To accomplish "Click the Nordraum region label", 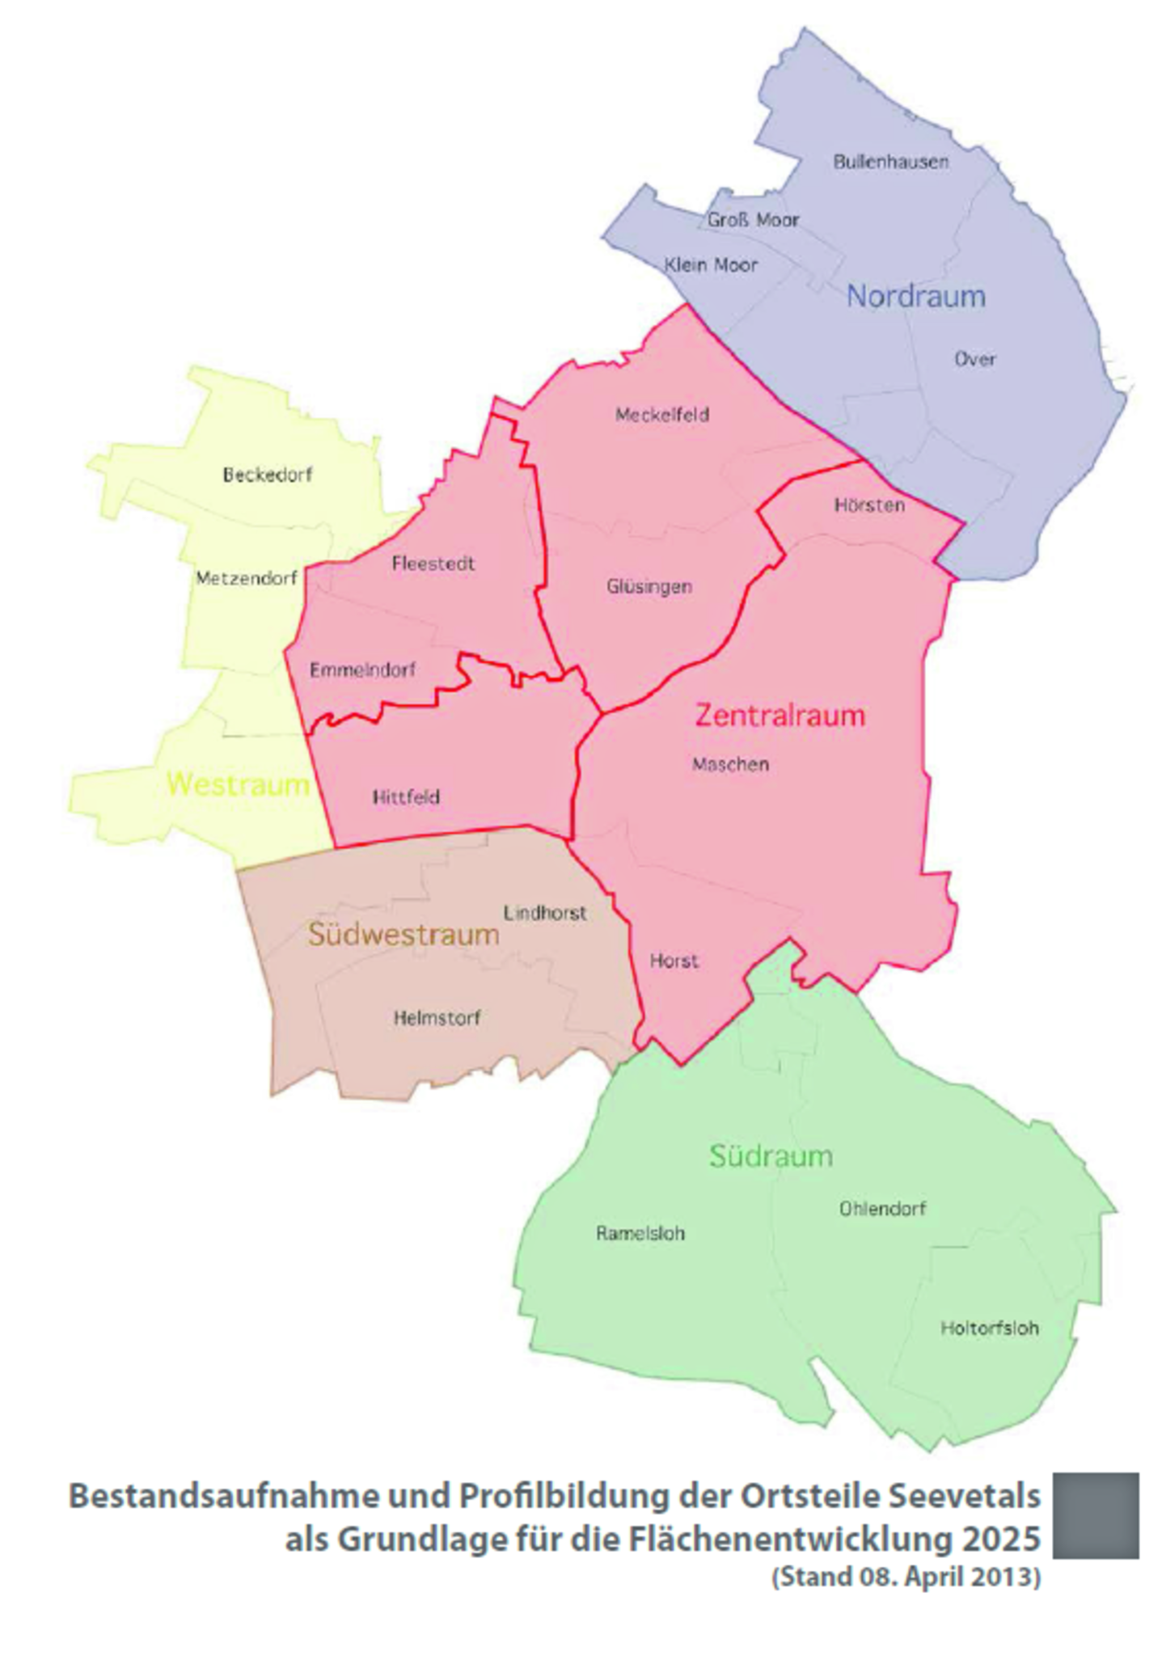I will (x=915, y=296).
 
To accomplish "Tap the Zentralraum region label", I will (x=780, y=715).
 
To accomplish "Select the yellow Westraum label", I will (x=238, y=784).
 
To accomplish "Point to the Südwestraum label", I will (x=403, y=935).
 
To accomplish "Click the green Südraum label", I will (x=771, y=1155).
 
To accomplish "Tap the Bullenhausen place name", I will (x=890, y=162).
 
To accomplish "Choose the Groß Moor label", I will (x=753, y=219).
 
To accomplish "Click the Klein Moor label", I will (x=711, y=264).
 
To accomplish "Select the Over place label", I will (x=974, y=359).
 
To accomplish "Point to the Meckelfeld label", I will (x=661, y=415).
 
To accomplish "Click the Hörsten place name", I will (x=869, y=505).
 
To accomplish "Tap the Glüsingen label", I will (x=649, y=586).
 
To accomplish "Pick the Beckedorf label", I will (x=267, y=475).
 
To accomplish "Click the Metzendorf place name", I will (x=246, y=578).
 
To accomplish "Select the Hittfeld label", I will (x=406, y=797).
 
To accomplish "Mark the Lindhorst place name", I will (x=544, y=913).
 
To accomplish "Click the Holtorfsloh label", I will (x=989, y=1328).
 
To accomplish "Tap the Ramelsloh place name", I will (x=640, y=1233).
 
